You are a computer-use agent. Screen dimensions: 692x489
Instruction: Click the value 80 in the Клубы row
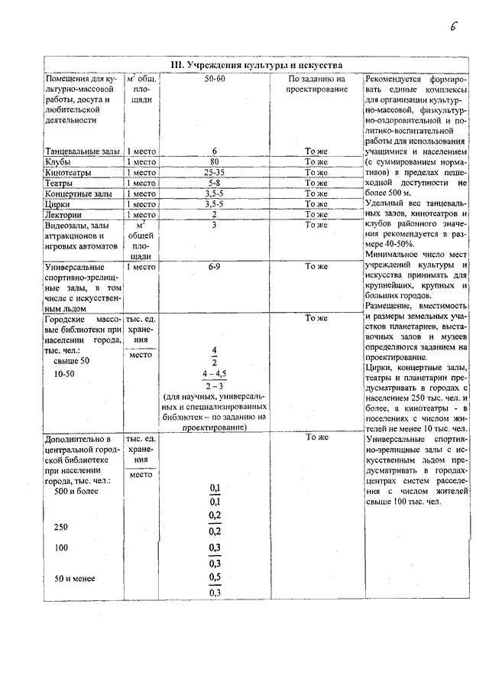pyautogui.click(x=215, y=162)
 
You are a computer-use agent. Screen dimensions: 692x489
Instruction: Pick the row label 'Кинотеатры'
pyautogui.click(x=67, y=173)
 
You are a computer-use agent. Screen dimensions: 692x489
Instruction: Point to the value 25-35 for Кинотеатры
pyautogui.click(x=215, y=173)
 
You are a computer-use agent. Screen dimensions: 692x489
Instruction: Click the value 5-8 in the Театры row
pyautogui.click(x=215, y=184)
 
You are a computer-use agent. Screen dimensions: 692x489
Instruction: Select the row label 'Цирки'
pyautogui.click(x=59, y=205)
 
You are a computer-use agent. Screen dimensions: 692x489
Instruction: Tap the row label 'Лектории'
pyautogui.click(x=63, y=215)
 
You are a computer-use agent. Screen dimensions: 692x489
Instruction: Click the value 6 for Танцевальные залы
pyautogui.click(x=215, y=151)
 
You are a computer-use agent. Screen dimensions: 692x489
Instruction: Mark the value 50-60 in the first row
pyautogui.click(x=215, y=79)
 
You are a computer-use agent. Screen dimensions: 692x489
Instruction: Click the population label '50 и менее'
pyautogui.click(x=75, y=578)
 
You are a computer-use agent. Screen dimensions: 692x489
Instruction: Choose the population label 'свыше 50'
pyautogui.click(x=72, y=359)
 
